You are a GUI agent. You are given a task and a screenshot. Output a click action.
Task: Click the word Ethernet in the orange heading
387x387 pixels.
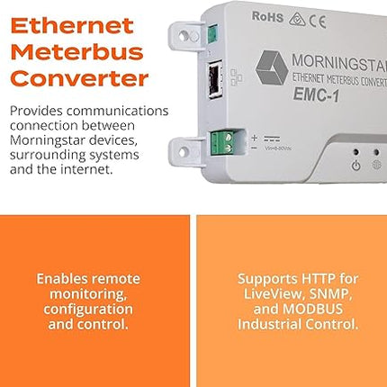pos(72,24)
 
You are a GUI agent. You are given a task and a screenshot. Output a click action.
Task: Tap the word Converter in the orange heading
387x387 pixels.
pos(79,78)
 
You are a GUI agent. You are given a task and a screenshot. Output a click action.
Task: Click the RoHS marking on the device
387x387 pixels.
pos(267,16)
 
